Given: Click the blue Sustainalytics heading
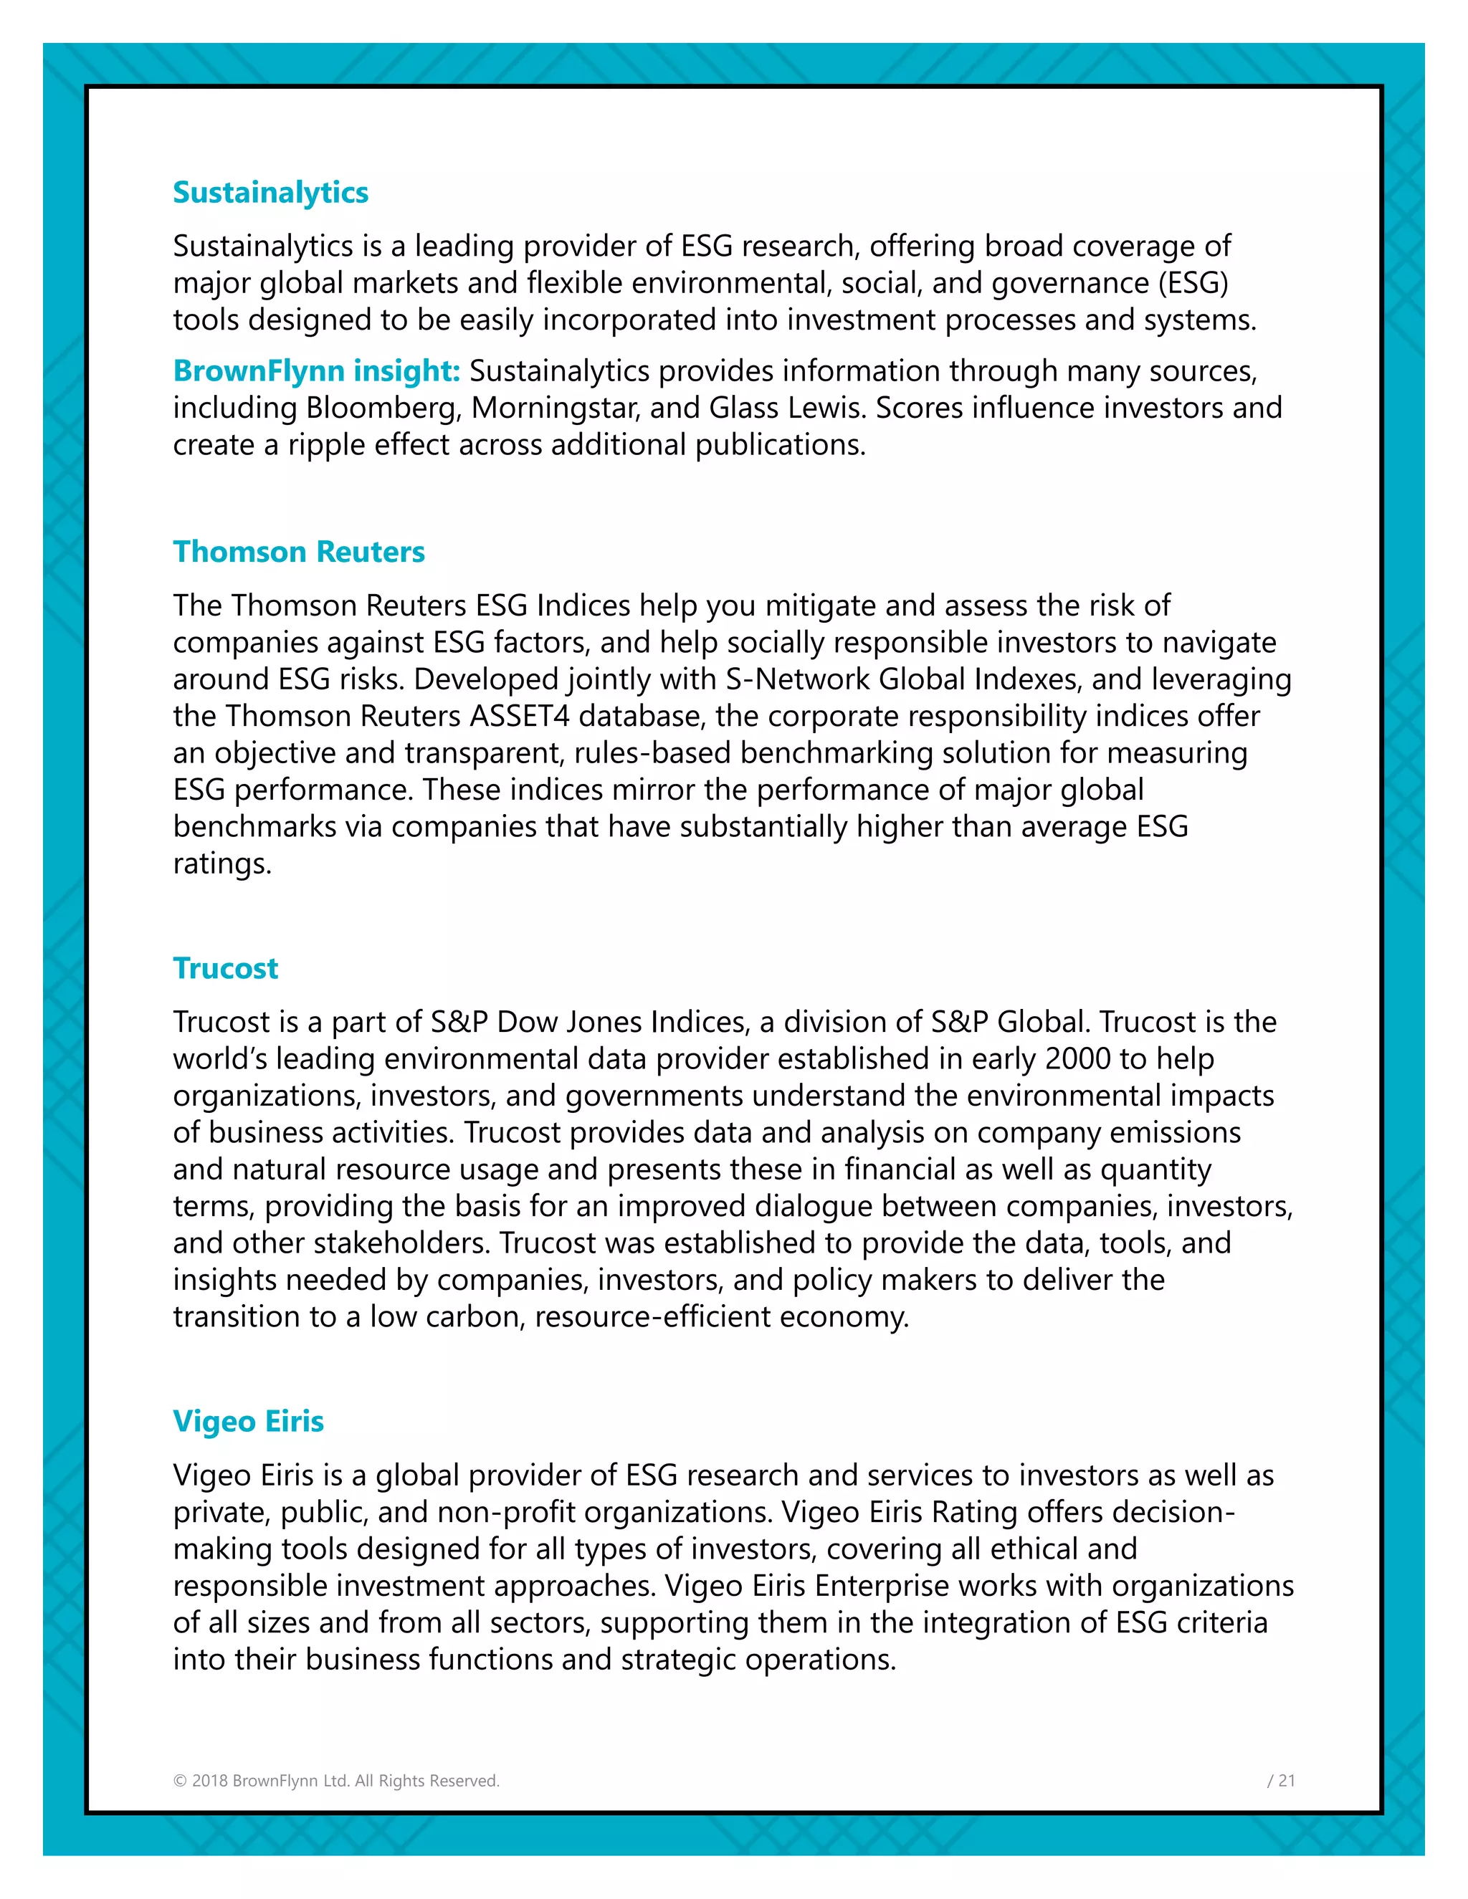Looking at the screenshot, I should click(x=270, y=192).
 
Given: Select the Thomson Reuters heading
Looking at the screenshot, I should click(x=298, y=551).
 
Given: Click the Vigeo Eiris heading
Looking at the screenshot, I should click(x=248, y=1421).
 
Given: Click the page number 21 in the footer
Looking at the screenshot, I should click(x=1286, y=1781).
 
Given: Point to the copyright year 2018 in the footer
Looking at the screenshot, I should click(x=209, y=1781).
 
